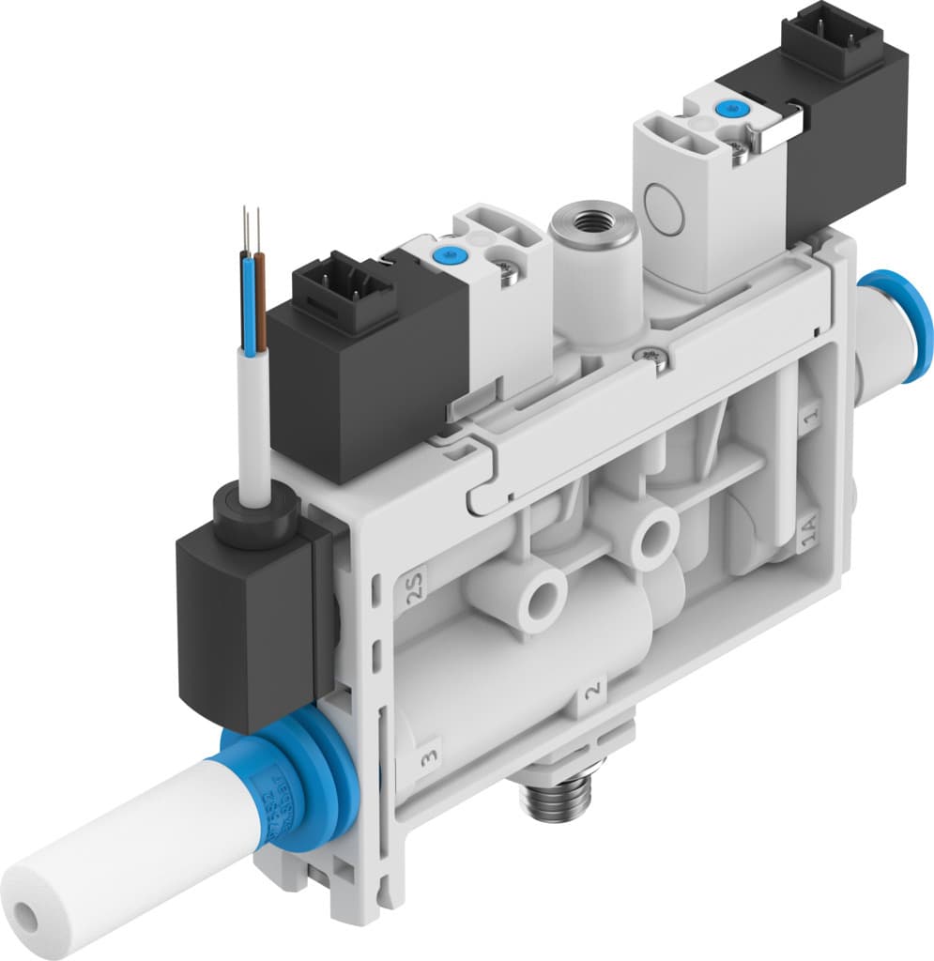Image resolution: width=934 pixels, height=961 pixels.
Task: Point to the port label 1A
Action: pos(807,538)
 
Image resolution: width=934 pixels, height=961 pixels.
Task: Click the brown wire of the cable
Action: pos(259,300)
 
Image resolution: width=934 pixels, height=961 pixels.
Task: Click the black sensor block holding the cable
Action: pos(246,610)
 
